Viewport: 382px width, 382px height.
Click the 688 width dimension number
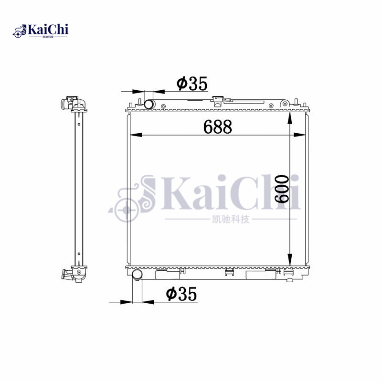(x=217, y=127)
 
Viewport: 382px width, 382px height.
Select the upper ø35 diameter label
(x=192, y=84)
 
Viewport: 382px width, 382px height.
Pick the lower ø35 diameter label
(x=181, y=294)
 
